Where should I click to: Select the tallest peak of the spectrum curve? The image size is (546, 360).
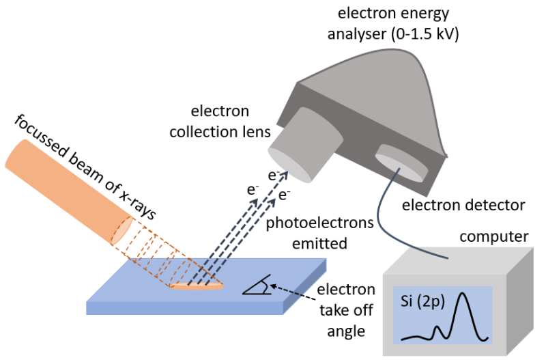tap(464, 295)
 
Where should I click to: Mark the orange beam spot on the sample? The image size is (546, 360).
tap(197, 286)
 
